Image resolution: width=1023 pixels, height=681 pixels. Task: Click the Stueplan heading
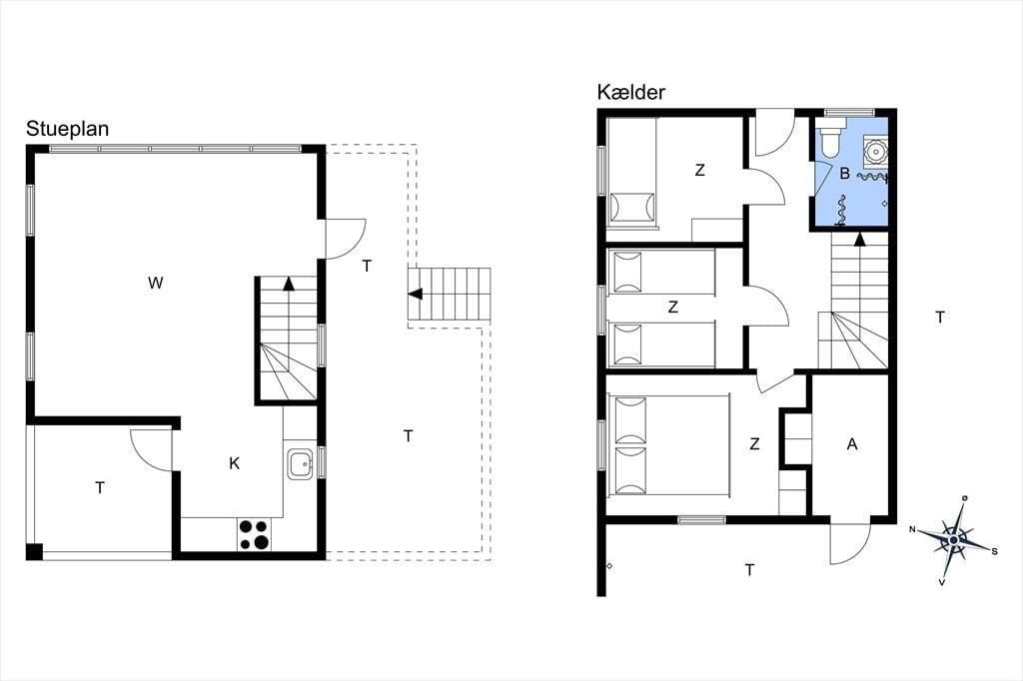pyautogui.click(x=67, y=129)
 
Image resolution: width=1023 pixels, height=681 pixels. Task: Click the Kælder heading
pyautogui.click(x=631, y=93)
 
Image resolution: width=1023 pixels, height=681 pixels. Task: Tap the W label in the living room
pyautogui.click(x=155, y=284)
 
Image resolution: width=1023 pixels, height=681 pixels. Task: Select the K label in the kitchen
pyautogui.click(x=234, y=463)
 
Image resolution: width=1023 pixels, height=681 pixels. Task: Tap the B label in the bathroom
pyautogui.click(x=845, y=174)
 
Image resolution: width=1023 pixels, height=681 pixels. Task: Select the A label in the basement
pyautogui.click(x=851, y=444)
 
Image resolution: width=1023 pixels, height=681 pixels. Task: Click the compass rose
pyautogui.click(x=954, y=540)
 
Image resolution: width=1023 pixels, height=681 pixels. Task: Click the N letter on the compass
pyautogui.click(x=913, y=529)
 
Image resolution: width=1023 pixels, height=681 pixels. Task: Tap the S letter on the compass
pyautogui.click(x=995, y=552)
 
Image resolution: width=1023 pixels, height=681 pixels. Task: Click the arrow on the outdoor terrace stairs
pyautogui.click(x=415, y=294)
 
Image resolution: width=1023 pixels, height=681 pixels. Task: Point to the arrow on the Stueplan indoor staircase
pyautogui.click(x=288, y=284)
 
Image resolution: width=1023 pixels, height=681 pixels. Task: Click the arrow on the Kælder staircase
pyautogui.click(x=860, y=239)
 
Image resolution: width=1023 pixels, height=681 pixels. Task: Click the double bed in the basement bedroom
pyautogui.click(x=668, y=446)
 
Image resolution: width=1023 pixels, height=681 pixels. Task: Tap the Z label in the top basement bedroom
pyautogui.click(x=700, y=170)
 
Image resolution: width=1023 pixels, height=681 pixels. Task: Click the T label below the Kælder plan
pyautogui.click(x=749, y=570)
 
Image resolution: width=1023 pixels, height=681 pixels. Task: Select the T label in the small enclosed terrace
pyautogui.click(x=100, y=488)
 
